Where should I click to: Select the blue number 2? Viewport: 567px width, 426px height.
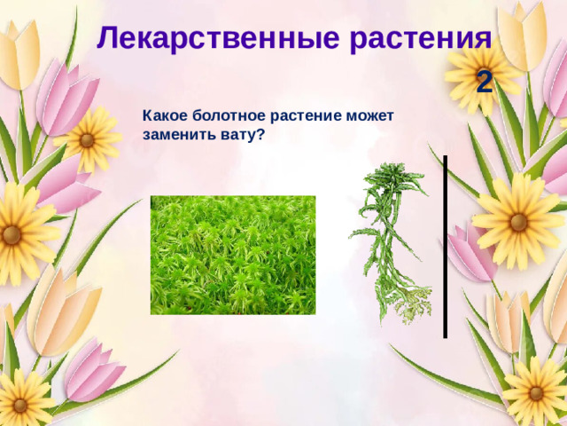(484, 83)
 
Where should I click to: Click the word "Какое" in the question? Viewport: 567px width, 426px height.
(162, 116)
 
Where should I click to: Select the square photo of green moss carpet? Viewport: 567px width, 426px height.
(233, 255)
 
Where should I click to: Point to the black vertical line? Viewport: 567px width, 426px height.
(445, 247)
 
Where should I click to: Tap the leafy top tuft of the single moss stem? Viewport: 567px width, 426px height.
(384, 182)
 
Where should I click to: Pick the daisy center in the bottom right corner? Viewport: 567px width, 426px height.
(536, 391)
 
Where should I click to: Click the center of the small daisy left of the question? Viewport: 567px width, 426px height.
(87, 139)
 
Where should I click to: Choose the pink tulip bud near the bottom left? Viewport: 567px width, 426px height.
(93, 368)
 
